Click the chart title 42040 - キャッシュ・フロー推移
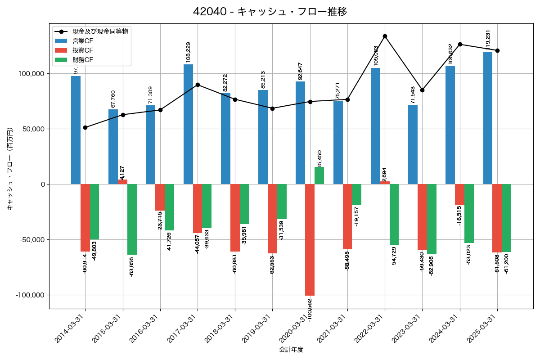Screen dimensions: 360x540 270,12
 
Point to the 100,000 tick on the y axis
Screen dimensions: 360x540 31,74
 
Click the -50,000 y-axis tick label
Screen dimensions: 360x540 30,240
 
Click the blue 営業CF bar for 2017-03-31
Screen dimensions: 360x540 188,124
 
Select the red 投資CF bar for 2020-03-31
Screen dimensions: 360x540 310,239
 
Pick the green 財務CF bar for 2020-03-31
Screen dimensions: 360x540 319,175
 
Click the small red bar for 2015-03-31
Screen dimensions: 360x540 122,182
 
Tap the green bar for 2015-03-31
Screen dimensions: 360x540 132,219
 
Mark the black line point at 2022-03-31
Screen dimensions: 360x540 385,36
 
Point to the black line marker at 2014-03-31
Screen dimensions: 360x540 85,127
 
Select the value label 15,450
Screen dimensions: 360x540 319,158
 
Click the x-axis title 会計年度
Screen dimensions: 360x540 291,350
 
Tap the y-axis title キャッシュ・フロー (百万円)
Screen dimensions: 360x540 10,169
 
